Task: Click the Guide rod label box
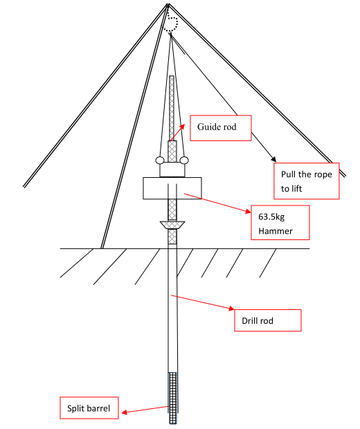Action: (x=220, y=128)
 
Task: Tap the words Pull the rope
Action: (x=306, y=174)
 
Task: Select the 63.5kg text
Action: (x=271, y=217)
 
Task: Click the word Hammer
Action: (x=276, y=231)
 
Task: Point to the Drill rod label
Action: (x=258, y=320)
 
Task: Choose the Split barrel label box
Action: (x=89, y=408)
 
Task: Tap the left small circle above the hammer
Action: (x=160, y=160)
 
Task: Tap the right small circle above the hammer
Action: (x=184, y=160)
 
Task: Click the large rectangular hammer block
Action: (x=172, y=188)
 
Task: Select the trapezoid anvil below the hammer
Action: (x=172, y=225)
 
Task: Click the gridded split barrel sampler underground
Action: (x=173, y=398)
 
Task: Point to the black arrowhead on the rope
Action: (x=273, y=158)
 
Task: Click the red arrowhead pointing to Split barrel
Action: (x=125, y=412)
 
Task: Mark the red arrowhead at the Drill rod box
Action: (x=231, y=309)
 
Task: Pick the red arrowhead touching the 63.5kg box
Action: (x=248, y=211)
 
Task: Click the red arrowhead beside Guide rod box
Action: (x=182, y=126)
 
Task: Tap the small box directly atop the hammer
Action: (x=172, y=170)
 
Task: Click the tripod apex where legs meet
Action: (x=168, y=4)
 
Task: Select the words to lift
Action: (x=291, y=189)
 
